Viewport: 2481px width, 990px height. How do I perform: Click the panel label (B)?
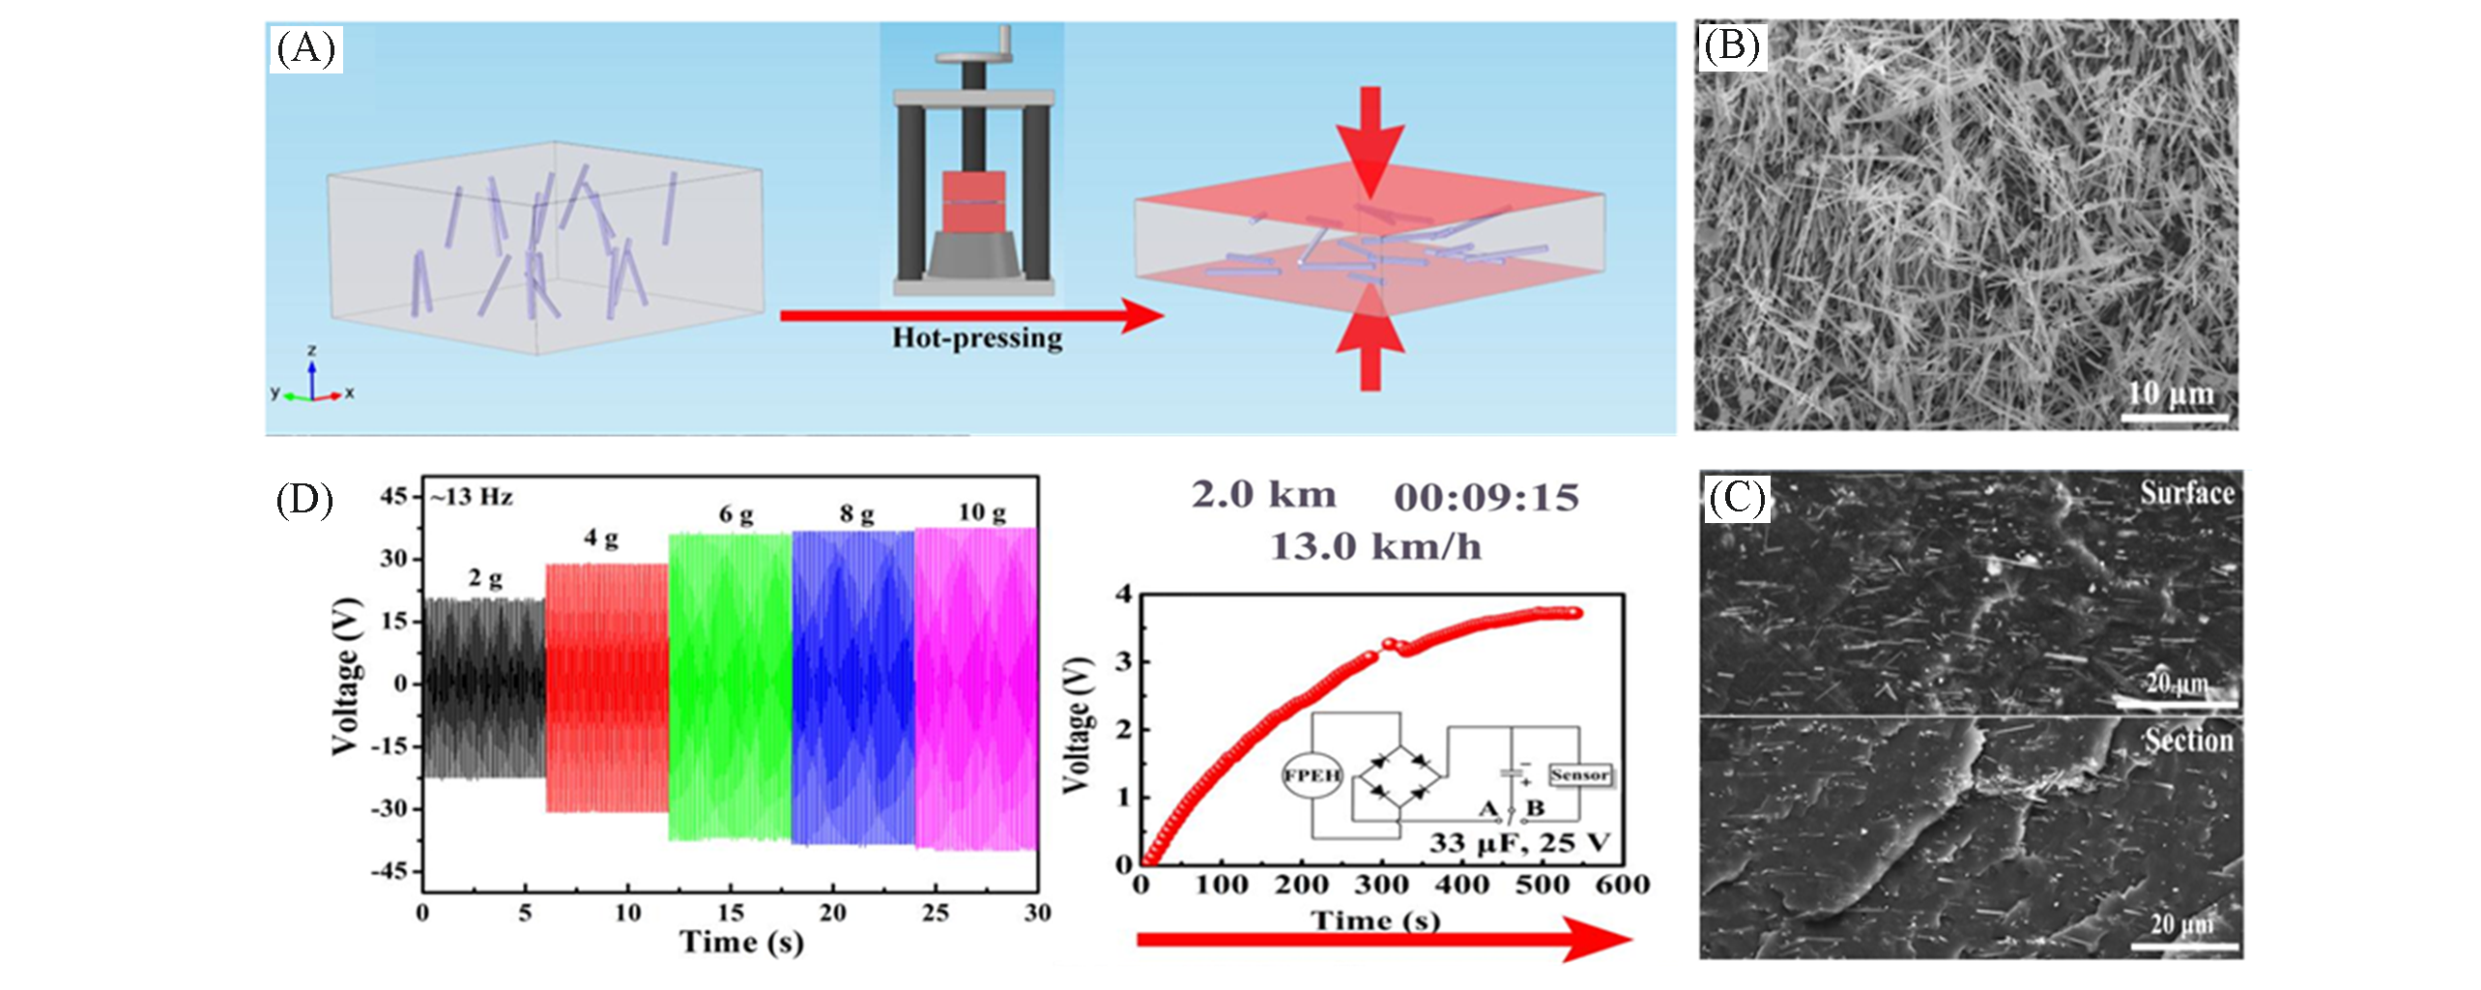tap(1730, 45)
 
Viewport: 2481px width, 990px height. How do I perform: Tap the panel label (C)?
tap(1736, 497)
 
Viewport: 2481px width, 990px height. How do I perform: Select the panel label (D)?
tap(304, 500)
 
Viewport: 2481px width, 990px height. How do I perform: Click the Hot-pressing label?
tap(976, 337)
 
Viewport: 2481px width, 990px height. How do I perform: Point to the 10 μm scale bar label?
tap(2171, 393)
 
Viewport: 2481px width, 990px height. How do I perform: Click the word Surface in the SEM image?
tap(2186, 493)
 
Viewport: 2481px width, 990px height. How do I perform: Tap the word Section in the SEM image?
tap(2188, 741)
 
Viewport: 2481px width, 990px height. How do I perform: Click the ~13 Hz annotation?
tap(472, 497)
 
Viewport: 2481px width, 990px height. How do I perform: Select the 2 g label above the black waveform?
tap(485, 578)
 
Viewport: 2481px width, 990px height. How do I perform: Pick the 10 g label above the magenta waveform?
tap(981, 511)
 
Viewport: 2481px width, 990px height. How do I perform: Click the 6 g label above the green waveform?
tap(736, 514)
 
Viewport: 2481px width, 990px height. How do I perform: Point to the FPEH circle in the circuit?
tap(1312, 774)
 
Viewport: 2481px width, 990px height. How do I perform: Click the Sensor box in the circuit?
tap(1579, 774)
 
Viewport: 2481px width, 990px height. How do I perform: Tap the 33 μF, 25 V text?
tap(1519, 842)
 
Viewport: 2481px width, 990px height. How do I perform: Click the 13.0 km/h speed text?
tap(1374, 547)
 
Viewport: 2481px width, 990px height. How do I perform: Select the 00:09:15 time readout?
tap(1486, 497)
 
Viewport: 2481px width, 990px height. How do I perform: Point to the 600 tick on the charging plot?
tap(1622, 884)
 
